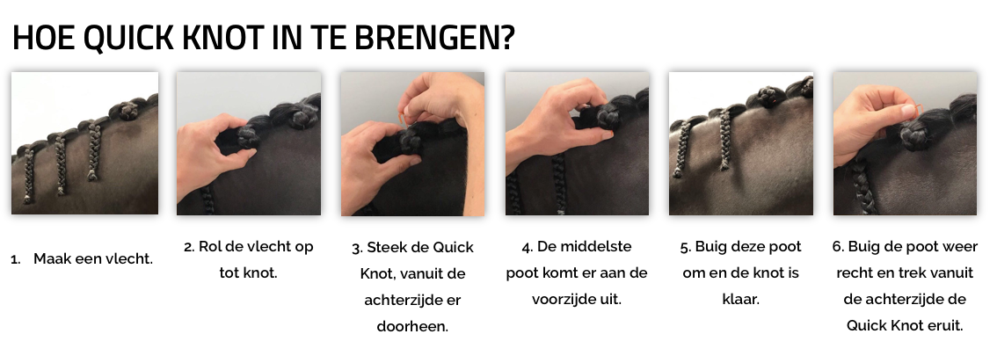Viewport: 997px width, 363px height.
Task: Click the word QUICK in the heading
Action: pos(127,38)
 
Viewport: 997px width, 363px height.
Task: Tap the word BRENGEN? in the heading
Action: pos(434,38)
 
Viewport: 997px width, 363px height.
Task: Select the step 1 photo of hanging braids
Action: pos(84,143)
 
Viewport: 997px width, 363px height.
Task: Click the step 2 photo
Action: pos(249,143)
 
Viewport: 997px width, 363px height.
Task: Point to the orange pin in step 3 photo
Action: pos(401,120)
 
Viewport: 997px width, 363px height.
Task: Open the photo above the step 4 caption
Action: pos(578,143)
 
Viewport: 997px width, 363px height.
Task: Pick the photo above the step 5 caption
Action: pos(741,143)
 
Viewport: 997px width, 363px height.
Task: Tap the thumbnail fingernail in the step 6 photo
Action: pos(906,111)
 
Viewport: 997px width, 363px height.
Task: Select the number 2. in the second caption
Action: pos(189,247)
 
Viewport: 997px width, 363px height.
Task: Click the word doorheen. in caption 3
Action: pos(412,327)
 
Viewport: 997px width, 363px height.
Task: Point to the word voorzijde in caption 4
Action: pos(564,300)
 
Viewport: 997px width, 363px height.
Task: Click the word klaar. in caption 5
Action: pos(741,300)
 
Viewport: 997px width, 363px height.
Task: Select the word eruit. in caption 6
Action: pos(943,326)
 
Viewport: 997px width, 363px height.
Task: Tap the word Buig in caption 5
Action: pos(710,247)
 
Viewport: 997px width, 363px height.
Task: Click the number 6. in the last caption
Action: pos(838,247)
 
